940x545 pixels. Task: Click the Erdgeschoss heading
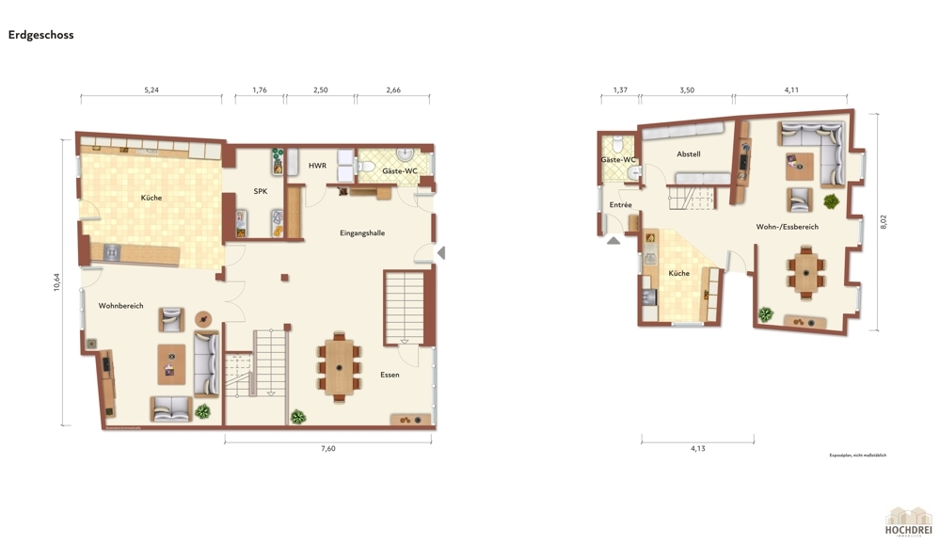pos(40,35)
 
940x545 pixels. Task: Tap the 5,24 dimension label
pos(151,90)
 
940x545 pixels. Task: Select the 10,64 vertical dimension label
pos(57,282)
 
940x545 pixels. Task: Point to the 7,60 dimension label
pos(327,449)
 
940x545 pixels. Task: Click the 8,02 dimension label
pos(883,222)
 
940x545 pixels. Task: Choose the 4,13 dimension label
pos(697,449)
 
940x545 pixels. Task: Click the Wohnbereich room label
pos(120,306)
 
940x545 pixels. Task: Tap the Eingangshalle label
pos(362,232)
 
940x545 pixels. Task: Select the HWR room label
pos(318,166)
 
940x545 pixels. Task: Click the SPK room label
pos(261,191)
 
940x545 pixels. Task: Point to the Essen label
pos(390,375)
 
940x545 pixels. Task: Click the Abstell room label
pos(688,154)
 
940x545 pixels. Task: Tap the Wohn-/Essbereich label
pos(787,227)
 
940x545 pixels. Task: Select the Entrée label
pos(620,204)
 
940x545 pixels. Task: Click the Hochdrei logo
pos(908,521)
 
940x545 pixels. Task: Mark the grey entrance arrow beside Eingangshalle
pos(440,252)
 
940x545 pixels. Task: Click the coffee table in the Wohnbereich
pos(172,363)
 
